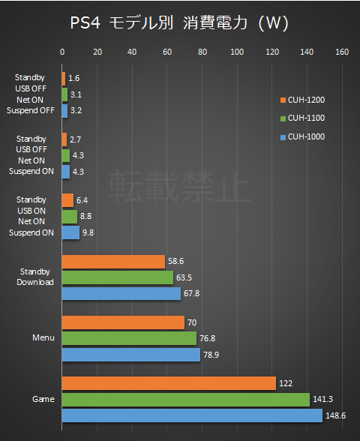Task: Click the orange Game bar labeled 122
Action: pyautogui.click(x=169, y=383)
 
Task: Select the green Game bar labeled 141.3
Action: pyautogui.click(x=185, y=399)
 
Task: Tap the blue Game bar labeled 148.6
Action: pyautogui.click(x=192, y=415)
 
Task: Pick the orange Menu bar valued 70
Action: pyautogui.click(x=123, y=322)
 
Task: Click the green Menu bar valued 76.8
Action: pyautogui.click(x=129, y=338)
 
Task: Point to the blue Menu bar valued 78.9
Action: pyautogui.click(x=130, y=354)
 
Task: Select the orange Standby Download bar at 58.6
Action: pyautogui.click(x=113, y=262)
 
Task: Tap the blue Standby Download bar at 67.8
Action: pyautogui.click(x=121, y=293)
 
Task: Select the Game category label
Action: pyautogui.click(x=43, y=399)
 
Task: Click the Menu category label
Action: pyautogui.click(x=43, y=338)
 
